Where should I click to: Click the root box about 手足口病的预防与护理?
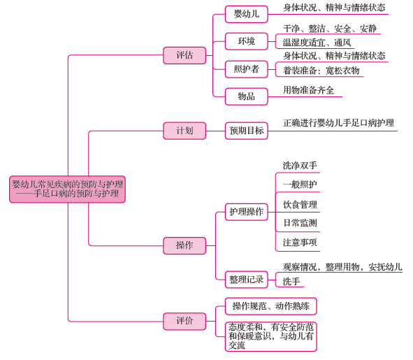(67, 189)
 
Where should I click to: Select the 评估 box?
(184, 55)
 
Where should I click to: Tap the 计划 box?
(184, 131)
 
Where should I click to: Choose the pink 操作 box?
(184, 245)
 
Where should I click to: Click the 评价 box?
(184, 322)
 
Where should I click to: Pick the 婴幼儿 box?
(247, 14)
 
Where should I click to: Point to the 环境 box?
(247, 41)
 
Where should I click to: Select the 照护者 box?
(247, 69)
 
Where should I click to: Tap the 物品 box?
(247, 96)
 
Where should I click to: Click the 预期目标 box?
(247, 131)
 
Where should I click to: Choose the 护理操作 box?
(247, 212)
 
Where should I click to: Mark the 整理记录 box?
(247, 280)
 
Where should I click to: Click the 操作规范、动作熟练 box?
(270, 306)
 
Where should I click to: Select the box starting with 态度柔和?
(270, 336)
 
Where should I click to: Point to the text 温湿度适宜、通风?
(317, 43)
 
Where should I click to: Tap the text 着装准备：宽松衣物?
(321, 71)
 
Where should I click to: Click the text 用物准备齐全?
(308, 90)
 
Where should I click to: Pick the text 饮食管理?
(300, 205)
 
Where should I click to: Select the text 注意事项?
(300, 243)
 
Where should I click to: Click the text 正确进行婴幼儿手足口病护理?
(338, 123)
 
